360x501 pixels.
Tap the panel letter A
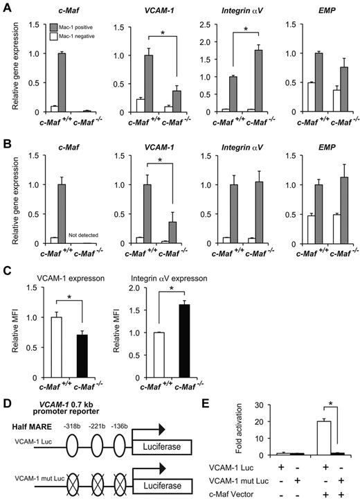pos(6,6)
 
